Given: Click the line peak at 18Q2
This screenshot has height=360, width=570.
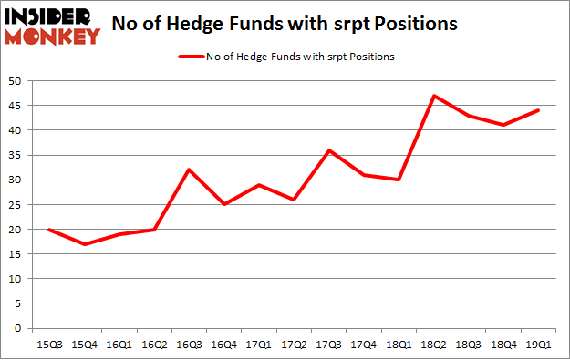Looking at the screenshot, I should point(433,96).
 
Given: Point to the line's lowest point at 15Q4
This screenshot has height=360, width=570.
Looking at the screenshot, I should point(85,244).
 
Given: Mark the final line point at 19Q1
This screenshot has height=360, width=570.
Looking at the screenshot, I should point(538,110).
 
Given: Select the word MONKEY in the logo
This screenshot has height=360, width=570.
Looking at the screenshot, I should point(53,36).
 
